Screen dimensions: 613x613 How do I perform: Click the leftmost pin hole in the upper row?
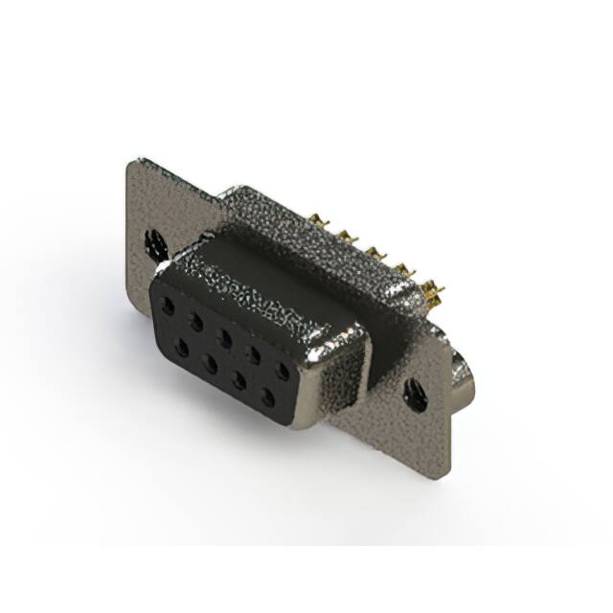tap(169, 307)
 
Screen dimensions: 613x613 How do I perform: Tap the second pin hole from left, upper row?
tap(196, 323)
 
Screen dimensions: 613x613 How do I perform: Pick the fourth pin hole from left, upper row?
tap(254, 353)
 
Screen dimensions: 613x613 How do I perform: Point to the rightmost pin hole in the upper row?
tap(283, 370)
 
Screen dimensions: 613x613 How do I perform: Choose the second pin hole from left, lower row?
tap(210, 364)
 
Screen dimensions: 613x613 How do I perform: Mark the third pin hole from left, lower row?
tap(238, 379)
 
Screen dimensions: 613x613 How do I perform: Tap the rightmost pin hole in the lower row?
tap(267, 396)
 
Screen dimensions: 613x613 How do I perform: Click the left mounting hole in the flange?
tap(152, 244)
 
